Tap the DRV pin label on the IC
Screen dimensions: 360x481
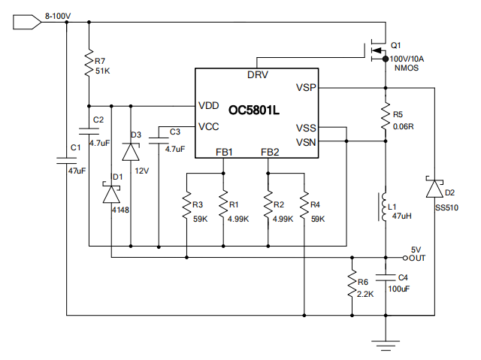click(258, 75)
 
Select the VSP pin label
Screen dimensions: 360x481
click(306, 88)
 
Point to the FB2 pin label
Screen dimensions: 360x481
click(270, 152)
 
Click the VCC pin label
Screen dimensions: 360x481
click(209, 126)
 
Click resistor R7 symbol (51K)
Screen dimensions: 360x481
click(89, 60)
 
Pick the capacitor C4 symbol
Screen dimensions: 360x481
click(385, 277)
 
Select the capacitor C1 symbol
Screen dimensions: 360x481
click(66, 159)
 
